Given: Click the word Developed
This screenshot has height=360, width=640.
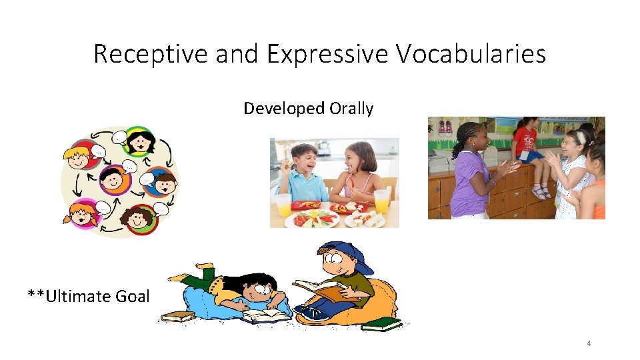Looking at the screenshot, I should (275, 108).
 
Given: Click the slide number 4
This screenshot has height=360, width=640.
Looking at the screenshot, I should (589, 343).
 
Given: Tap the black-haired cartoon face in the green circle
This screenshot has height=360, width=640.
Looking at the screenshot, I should (141, 141).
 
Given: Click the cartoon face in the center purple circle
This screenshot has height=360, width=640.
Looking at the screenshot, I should (115, 179).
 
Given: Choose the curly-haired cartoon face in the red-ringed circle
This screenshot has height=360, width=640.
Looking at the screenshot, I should (141, 219).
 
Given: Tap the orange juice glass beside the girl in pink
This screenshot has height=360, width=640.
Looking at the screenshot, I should (381, 201).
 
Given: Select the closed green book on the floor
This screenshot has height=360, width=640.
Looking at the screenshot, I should (382, 324).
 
